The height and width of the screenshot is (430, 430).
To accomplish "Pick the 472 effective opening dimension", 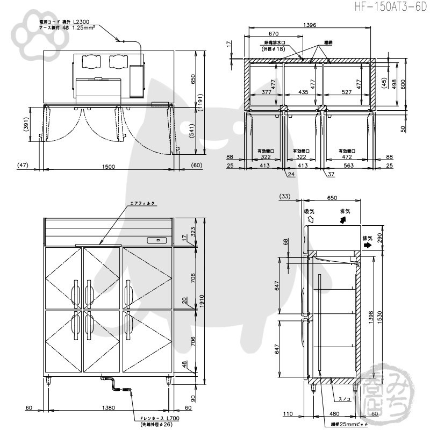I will (346, 157).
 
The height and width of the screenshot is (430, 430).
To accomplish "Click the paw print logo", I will (25, 33).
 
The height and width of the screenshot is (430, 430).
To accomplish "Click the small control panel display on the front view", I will (157, 240).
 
